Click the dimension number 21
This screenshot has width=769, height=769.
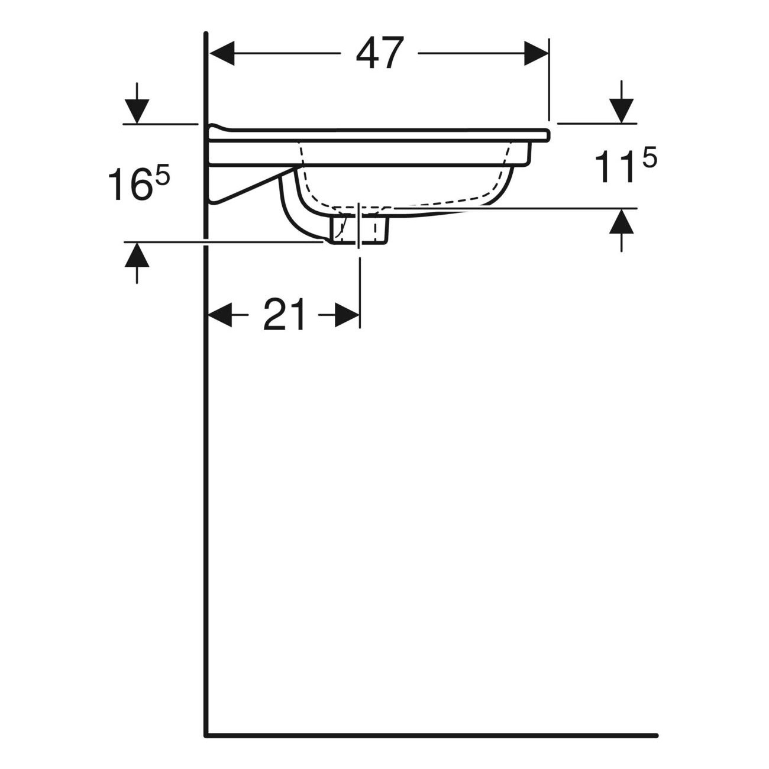284,315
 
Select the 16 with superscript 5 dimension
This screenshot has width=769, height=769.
139,183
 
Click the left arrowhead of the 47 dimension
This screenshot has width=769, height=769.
222,53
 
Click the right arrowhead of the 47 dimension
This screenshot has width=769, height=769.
537,53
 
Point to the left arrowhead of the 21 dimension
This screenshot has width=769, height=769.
220,315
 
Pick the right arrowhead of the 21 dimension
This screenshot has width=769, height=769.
347,315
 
